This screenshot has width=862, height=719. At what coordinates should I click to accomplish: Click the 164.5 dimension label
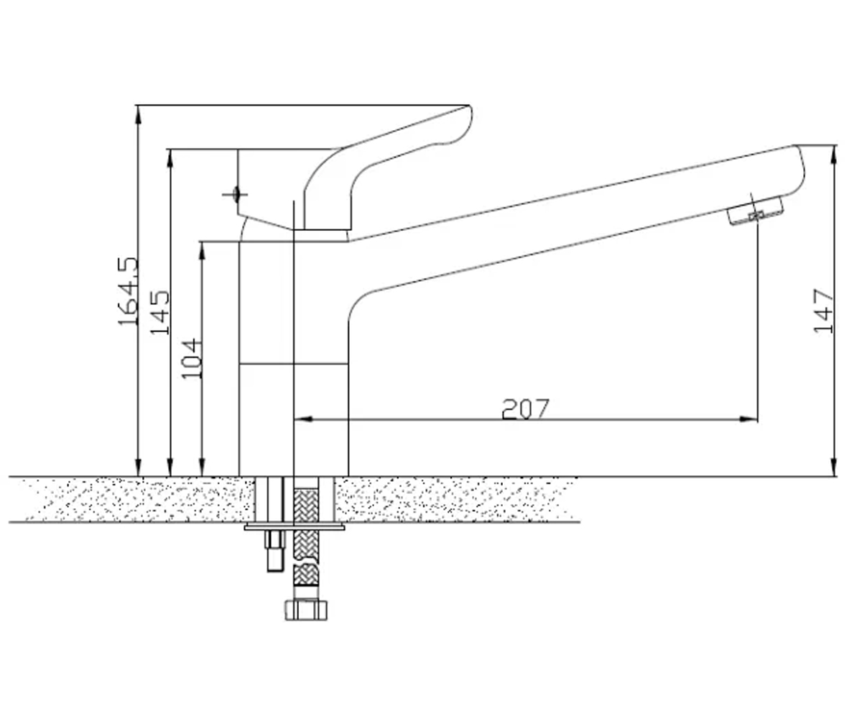pos(128,291)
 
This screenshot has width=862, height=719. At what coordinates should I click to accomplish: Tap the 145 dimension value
pos(159,312)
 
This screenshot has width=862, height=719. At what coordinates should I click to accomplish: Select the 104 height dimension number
pos(192,358)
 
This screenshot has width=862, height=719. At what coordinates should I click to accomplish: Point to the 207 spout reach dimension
pos(526,408)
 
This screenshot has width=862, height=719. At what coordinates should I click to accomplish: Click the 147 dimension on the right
pos(823,311)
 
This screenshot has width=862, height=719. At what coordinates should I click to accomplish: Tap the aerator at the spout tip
pos(755,211)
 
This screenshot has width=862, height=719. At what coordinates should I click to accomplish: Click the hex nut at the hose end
pos(306,610)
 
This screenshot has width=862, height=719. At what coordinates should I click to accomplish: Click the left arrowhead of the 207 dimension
pos(303,419)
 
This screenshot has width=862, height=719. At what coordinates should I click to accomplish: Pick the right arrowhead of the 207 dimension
pos(748,419)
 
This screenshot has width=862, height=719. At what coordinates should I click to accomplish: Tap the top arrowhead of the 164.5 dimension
pos(139,115)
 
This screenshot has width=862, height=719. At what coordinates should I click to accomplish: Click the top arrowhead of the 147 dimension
pos(834,155)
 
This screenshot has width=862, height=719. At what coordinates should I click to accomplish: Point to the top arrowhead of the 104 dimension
pos(202,251)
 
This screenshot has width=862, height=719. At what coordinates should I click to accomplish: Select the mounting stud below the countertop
pos(275,551)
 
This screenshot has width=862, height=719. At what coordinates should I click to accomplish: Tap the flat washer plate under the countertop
pos(295,527)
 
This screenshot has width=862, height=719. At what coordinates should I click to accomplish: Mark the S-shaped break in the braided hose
pos(306,559)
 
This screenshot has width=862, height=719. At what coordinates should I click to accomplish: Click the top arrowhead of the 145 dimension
pos(170,159)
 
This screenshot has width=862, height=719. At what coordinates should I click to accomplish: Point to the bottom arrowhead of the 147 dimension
pos(834,467)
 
